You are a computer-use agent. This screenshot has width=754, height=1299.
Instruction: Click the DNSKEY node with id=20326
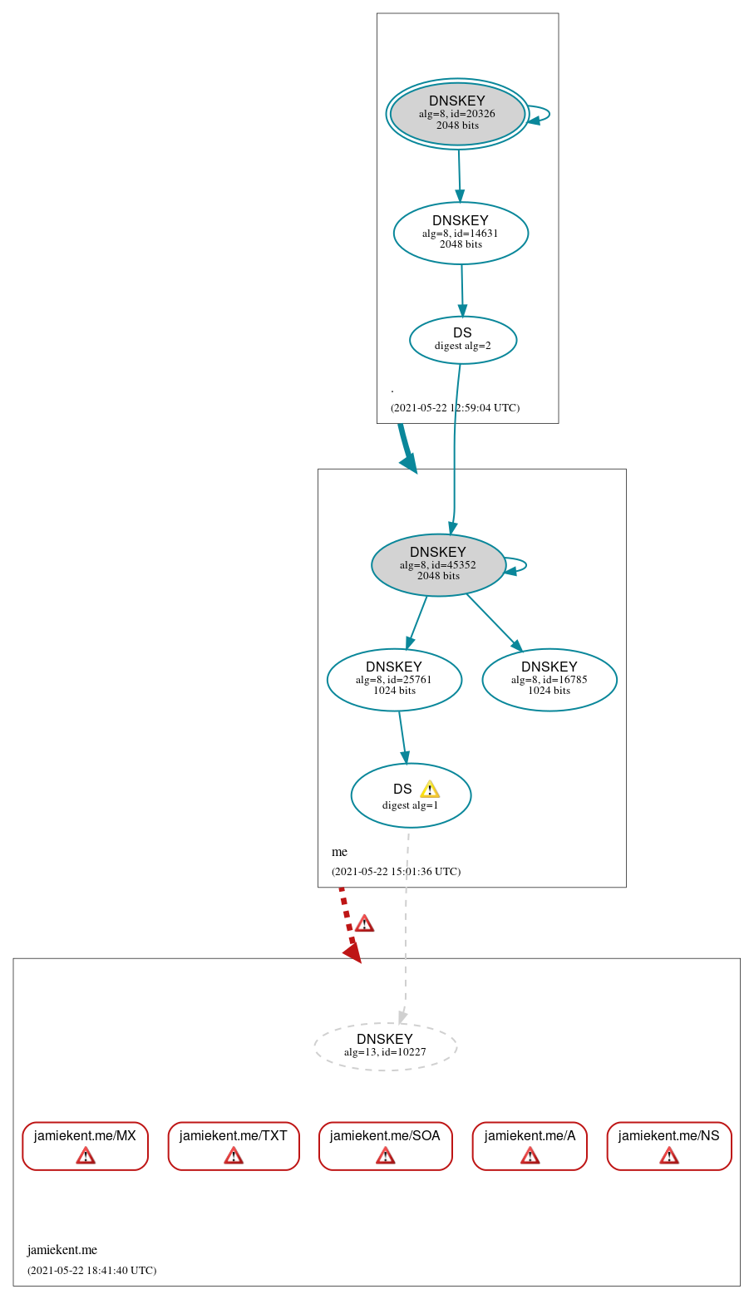pyautogui.click(x=457, y=114)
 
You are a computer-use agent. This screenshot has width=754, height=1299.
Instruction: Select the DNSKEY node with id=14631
pyautogui.click(x=461, y=234)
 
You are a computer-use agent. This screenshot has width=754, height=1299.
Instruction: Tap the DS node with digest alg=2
pyautogui.click(x=462, y=340)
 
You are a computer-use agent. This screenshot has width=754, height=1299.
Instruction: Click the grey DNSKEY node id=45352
pyautogui.click(x=438, y=565)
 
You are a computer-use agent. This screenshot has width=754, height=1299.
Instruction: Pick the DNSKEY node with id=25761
pyautogui.click(x=394, y=680)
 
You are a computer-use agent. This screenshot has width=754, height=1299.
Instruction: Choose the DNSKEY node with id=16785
pyautogui.click(x=549, y=680)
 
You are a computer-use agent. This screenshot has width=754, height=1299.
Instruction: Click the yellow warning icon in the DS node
pyautogui.click(x=429, y=790)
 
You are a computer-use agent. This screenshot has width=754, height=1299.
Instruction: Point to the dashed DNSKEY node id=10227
pyautogui.click(x=385, y=1046)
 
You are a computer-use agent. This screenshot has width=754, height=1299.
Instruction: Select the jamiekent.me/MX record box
pyautogui.click(x=85, y=1145)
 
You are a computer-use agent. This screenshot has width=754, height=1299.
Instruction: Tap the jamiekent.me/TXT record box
pyautogui.click(x=234, y=1145)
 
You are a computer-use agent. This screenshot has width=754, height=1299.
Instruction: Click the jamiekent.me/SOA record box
pyautogui.click(x=385, y=1145)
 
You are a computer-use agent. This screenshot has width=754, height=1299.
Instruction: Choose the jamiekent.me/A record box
pyautogui.click(x=530, y=1145)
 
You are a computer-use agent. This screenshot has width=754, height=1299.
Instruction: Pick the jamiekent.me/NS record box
pyautogui.click(x=669, y=1145)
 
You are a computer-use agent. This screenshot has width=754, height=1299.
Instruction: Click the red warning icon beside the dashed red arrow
pyautogui.click(x=364, y=923)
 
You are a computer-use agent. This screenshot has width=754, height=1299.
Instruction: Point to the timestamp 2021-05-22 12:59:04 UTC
pyautogui.click(x=455, y=408)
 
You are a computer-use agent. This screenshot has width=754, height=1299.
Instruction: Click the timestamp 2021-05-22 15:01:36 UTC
pyautogui.click(x=396, y=872)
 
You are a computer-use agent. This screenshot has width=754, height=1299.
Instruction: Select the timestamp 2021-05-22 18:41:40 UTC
pyautogui.click(x=91, y=1271)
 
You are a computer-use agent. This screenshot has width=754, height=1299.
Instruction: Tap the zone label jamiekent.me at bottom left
pyautogui.click(x=62, y=1250)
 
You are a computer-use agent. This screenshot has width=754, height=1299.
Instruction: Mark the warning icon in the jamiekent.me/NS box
pyautogui.click(x=669, y=1155)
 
